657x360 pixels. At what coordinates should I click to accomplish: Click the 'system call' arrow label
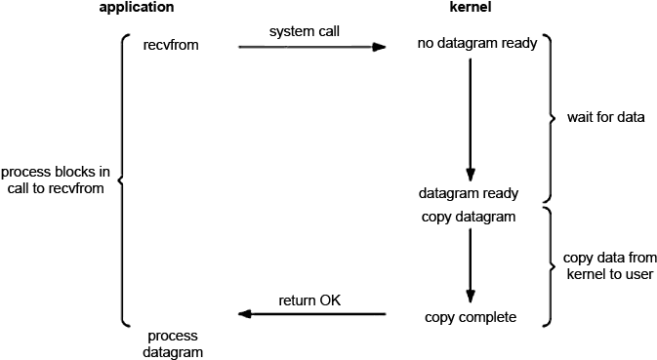pyautogui.click(x=304, y=31)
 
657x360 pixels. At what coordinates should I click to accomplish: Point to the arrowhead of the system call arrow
pyautogui.click(x=380, y=45)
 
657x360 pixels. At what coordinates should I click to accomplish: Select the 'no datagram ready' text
pyautogui.click(x=477, y=45)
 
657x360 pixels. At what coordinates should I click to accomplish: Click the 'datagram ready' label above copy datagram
pyautogui.click(x=469, y=192)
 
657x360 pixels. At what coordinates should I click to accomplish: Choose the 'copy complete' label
pyautogui.click(x=471, y=317)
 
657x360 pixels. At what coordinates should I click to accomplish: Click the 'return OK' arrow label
pyautogui.click(x=309, y=299)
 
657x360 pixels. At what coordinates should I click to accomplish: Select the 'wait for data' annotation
pyautogui.click(x=605, y=117)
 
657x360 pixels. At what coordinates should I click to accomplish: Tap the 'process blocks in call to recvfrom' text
pyautogui.click(x=55, y=180)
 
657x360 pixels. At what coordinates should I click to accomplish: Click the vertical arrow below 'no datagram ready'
pyautogui.click(x=471, y=117)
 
